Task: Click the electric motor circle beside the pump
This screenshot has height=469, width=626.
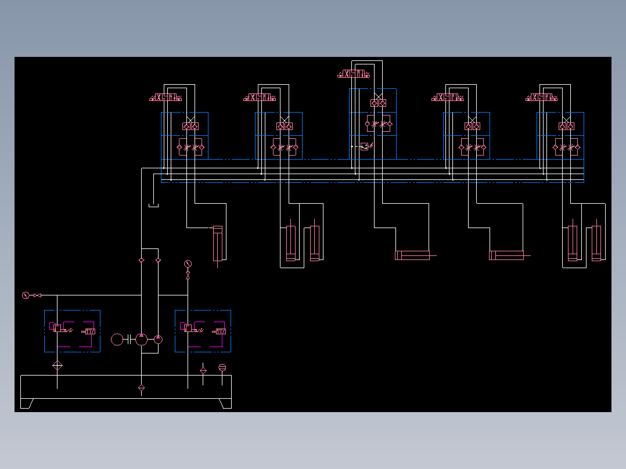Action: [117, 339]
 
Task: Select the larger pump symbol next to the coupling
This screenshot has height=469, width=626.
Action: [142, 339]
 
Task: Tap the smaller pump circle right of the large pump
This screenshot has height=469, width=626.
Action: [159, 338]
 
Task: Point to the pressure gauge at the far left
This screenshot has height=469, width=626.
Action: [25, 295]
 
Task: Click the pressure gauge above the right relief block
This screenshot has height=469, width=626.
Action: [188, 264]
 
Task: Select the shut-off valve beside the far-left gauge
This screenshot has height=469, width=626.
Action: [37, 295]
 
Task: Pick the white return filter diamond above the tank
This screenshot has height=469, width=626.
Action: [57, 365]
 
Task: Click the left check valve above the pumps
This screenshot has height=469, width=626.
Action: [142, 261]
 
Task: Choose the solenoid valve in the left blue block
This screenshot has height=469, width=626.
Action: [89, 331]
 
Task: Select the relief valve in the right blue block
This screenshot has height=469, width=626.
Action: [189, 329]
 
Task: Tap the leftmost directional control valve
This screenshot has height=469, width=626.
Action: [166, 97]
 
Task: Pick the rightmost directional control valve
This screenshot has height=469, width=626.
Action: [542, 97]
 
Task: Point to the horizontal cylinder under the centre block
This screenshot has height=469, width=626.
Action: [412, 255]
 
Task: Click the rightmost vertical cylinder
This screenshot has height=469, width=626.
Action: [597, 244]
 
